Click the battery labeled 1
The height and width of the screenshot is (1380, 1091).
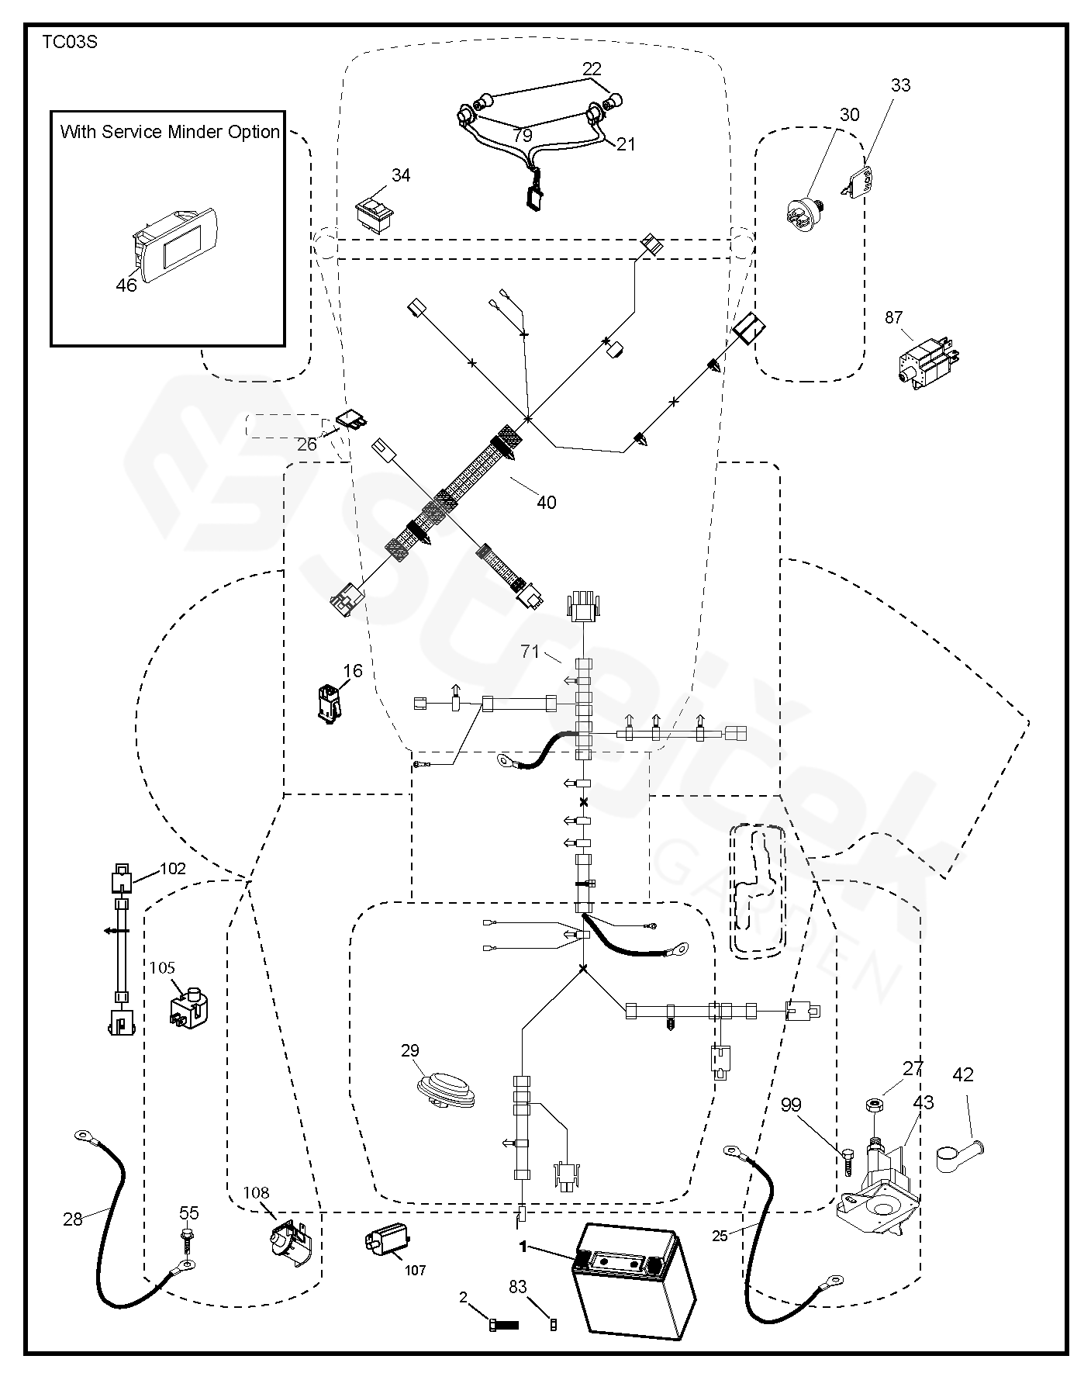tap(633, 1283)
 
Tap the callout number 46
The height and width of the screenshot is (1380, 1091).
tap(126, 285)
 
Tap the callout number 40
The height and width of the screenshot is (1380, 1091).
tap(546, 503)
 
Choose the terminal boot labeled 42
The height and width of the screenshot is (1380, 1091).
tap(958, 1154)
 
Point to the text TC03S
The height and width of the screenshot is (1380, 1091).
tap(69, 43)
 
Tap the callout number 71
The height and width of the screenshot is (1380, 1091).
tap(530, 652)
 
